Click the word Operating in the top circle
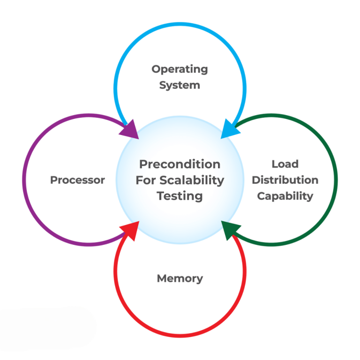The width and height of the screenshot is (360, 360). coord(180,69)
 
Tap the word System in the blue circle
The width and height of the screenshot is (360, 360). coord(180,85)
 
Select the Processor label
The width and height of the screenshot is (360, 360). coord(78,180)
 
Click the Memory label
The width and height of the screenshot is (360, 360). coord(180,279)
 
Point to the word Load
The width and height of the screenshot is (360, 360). coord(285,164)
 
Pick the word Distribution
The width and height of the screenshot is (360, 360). coord(285,180)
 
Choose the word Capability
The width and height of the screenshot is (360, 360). coord(285,196)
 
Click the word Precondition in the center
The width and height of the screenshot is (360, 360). coord(180,164)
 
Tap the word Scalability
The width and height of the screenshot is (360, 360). coord(192,180)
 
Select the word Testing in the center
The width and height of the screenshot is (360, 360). coord(180,196)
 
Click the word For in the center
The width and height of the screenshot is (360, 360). coord(146,180)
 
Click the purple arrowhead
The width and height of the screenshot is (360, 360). coord(130,130)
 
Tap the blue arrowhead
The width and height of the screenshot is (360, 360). coord(230,130)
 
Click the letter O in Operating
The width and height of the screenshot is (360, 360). coord(157,69)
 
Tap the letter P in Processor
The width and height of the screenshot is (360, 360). coord(54,180)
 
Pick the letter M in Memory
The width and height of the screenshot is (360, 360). coord(162,278)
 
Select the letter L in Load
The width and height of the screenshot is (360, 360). coord(275,164)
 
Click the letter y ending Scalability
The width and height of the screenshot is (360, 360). coord(221,182)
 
